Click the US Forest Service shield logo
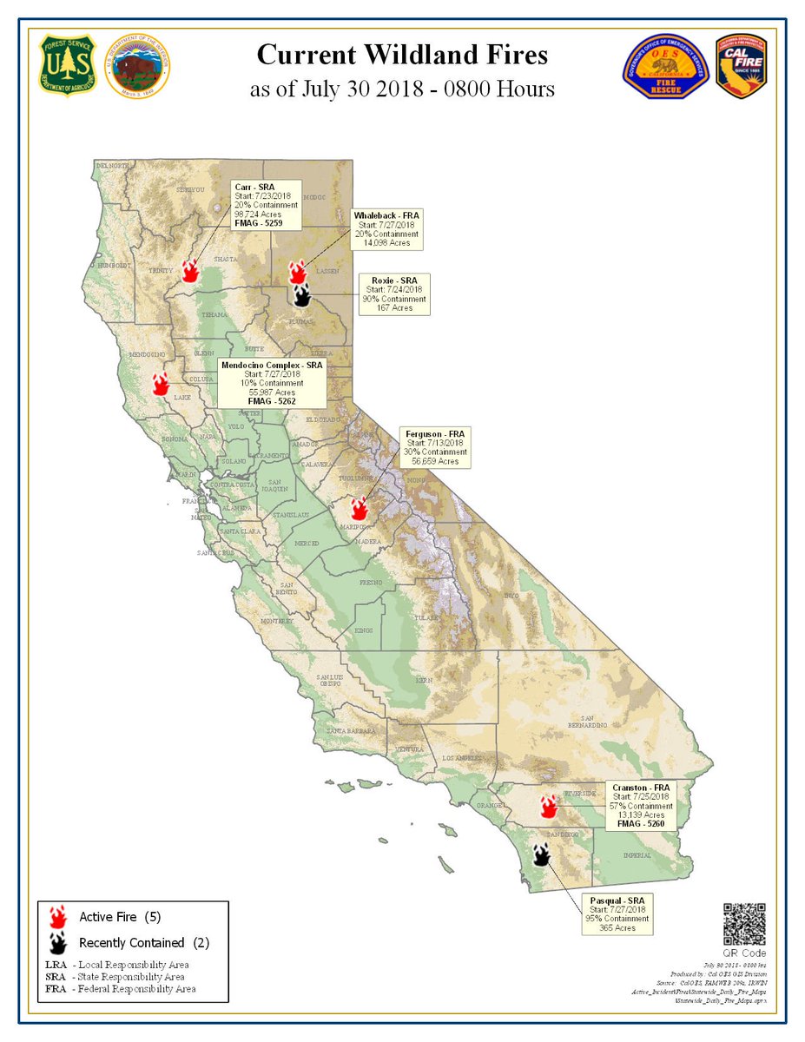point(63,66)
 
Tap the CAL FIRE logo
point(740,66)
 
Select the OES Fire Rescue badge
point(666,67)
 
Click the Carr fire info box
point(267,205)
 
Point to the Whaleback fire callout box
point(386,229)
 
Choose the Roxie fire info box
point(393,293)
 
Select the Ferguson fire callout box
point(435,446)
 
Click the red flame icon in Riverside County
point(548,807)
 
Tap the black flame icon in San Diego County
point(541,855)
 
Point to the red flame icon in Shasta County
point(189,270)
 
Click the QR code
point(744,924)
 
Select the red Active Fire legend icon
point(59,917)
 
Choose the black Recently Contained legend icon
point(59,942)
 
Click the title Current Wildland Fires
point(402,56)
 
